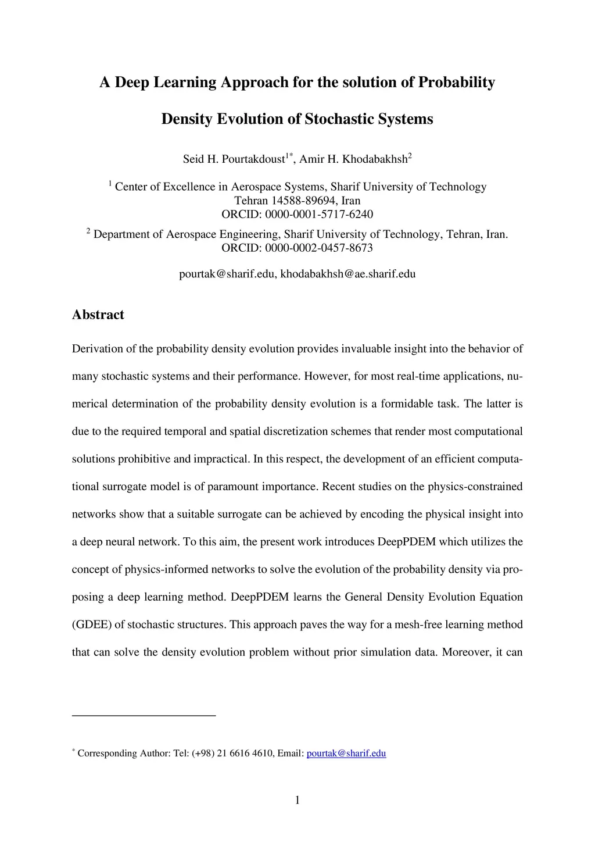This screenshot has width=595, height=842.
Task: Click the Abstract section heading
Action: pos(98,315)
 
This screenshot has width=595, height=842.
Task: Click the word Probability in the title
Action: pos(457,82)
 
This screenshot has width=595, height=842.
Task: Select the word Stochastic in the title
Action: pos(339,119)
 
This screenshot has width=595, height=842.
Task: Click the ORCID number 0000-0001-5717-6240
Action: pos(319,214)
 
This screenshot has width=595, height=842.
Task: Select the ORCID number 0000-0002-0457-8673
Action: pos(319,248)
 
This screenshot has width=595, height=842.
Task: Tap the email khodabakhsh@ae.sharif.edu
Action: pos(348,274)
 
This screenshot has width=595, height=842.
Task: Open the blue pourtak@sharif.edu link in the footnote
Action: pos(346,754)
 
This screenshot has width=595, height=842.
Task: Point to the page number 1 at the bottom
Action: pos(297,801)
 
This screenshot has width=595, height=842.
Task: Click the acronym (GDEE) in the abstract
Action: pos(92,625)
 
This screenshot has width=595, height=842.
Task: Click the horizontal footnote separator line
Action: pos(144,715)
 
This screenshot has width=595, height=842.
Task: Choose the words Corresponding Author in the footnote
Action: pos(124,754)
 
